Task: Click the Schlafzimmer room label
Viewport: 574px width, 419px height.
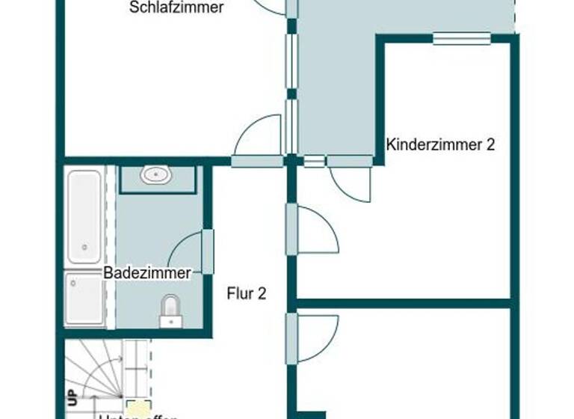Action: point(176,8)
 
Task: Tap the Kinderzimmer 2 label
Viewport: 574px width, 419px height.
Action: point(440,144)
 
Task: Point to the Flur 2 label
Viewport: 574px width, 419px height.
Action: point(246,293)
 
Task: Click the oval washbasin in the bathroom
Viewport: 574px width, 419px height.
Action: point(156,176)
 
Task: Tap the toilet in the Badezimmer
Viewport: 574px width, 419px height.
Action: point(170,310)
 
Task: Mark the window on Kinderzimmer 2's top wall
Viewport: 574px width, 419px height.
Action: point(462,39)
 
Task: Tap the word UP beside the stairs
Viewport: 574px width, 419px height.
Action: point(72,397)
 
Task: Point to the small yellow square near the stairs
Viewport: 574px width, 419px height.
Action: point(136,408)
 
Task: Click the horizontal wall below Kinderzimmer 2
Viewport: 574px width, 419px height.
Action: point(404,303)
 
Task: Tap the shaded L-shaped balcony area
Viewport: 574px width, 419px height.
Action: point(336,82)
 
